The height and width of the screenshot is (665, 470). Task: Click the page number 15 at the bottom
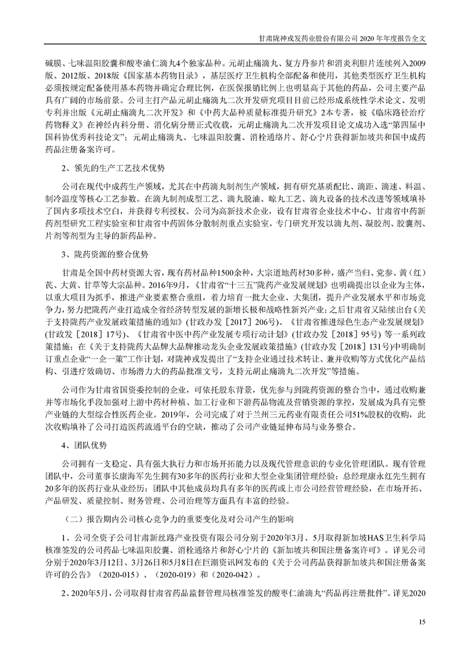pos(422,621)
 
